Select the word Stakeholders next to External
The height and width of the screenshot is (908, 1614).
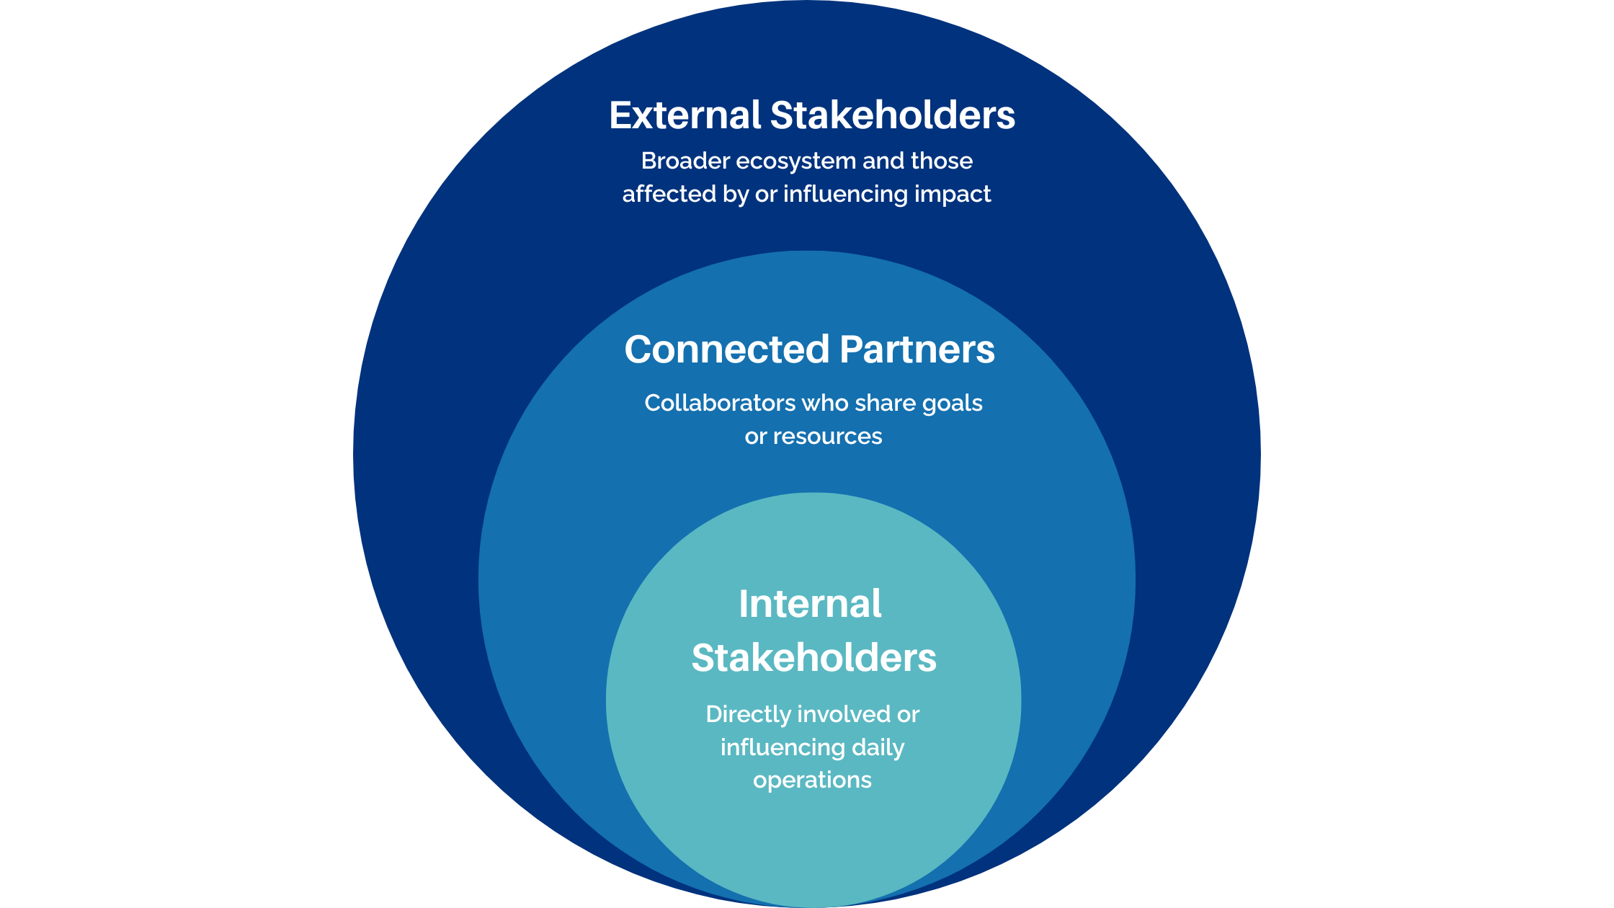(893, 115)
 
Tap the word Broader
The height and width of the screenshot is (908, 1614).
(685, 161)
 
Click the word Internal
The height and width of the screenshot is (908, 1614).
(810, 604)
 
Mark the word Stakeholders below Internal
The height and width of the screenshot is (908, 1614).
(814, 658)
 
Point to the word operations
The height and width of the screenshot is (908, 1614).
(812, 780)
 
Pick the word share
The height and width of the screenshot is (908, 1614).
(885, 403)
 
